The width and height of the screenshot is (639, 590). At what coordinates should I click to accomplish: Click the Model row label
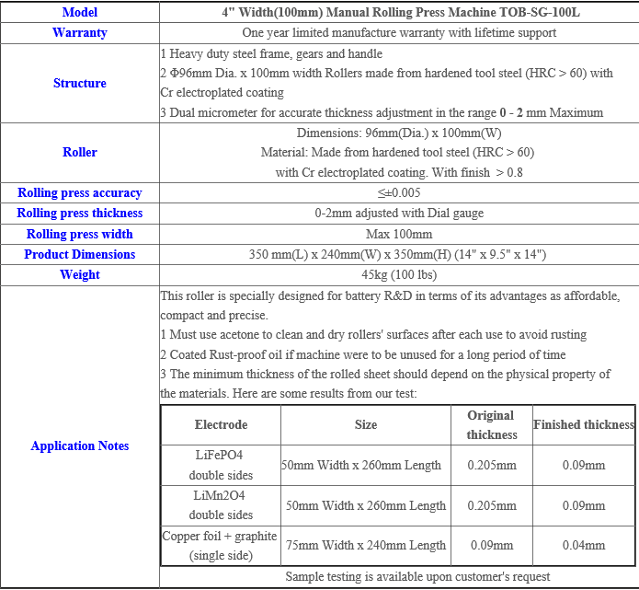[80, 12]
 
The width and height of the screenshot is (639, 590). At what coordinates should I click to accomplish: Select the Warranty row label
[80, 32]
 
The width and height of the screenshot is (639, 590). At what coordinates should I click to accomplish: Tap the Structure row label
[80, 83]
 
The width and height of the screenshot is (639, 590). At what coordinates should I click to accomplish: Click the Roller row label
[80, 152]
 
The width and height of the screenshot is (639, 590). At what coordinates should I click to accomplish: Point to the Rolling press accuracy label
[80, 192]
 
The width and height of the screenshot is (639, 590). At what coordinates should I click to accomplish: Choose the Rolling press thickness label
[80, 213]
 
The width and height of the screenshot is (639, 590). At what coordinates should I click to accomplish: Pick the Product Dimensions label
[80, 254]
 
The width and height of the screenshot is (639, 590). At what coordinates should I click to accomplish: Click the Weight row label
[80, 274]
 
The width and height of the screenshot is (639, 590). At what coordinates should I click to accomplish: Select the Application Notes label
[80, 445]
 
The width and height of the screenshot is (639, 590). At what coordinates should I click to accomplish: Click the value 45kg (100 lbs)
[398, 274]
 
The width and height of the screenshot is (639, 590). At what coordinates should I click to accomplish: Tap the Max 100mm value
[398, 234]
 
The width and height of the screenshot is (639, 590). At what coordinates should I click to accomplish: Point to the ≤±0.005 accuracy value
[398, 192]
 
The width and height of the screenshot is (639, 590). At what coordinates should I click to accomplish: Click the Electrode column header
[221, 424]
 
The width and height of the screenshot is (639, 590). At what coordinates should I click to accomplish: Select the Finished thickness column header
[584, 424]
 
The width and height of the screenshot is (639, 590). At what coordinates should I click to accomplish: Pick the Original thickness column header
[492, 424]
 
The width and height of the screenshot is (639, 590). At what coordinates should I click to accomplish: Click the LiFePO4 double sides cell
[221, 465]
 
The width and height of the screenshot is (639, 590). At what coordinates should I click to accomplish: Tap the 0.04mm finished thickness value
[584, 545]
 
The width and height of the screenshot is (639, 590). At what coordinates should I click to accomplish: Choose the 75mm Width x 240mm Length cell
[365, 545]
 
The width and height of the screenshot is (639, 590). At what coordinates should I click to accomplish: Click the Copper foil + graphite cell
[221, 545]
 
